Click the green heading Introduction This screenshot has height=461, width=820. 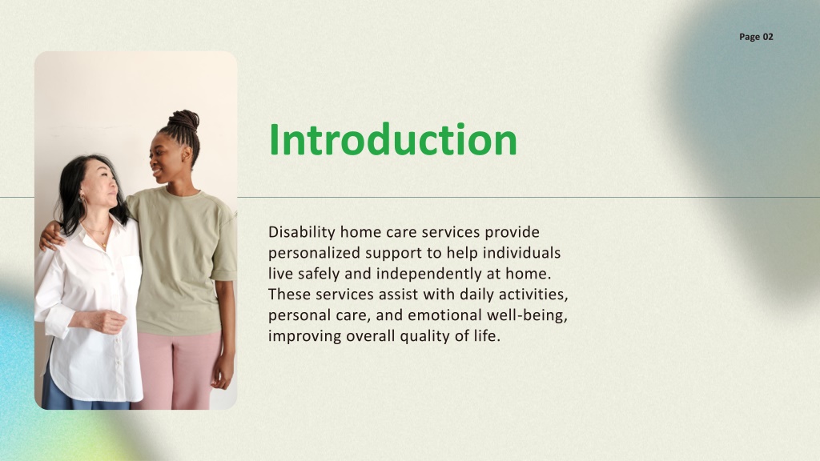pyautogui.click(x=392, y=139)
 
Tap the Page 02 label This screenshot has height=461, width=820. pyautogui.click(x=756, y=37)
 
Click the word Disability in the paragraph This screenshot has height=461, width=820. pyautogui.click(x=302, y=232)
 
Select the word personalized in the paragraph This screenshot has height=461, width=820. pyautogui.click(x=314, y=253)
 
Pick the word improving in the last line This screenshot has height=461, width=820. pyautogui.click(x=305, y=336)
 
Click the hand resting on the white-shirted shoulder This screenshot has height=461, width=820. pyautogui.click(x=51, y=235)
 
